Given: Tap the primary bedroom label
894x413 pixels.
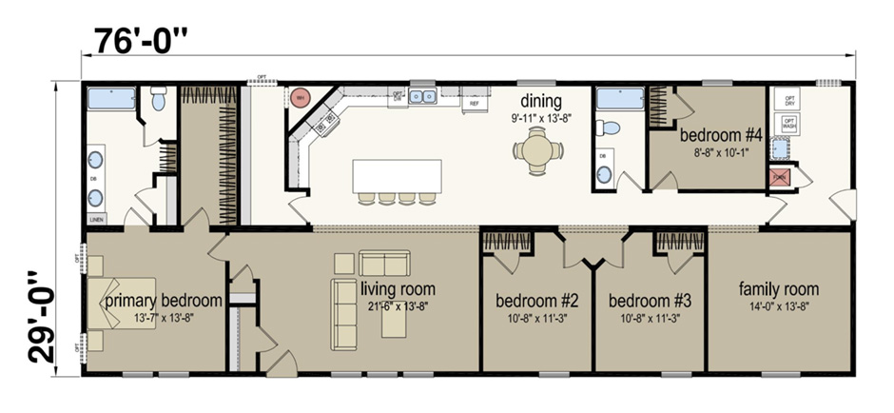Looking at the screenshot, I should [163, 301].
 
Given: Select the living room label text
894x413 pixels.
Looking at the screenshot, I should [398, 288].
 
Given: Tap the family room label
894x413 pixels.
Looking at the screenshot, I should [778, 289].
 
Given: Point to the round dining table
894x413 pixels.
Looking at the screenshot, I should [538, 149].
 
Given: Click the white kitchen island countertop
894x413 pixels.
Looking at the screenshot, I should [397, 175].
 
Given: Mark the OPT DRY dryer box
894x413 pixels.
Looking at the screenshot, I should [788, 99].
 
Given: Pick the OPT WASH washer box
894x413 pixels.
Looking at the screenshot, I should [788, 122].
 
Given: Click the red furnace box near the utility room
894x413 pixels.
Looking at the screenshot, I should [779, 177].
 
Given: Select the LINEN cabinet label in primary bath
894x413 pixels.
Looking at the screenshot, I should [96, 219].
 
